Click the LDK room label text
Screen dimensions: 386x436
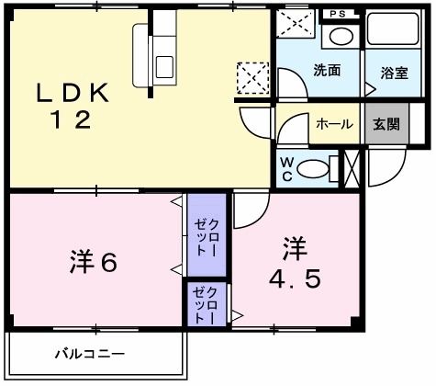point(73,93)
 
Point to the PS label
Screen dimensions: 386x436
point(340,15)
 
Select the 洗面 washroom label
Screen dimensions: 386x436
point(327,70)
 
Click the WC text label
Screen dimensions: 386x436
point(287,167)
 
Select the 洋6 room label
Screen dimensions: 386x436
point(92,262)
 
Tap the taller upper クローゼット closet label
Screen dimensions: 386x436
point(206,236)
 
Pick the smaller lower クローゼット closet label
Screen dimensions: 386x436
point(205,304)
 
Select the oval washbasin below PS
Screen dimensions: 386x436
point(340,38)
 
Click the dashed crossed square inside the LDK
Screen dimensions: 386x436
point(252,77)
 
